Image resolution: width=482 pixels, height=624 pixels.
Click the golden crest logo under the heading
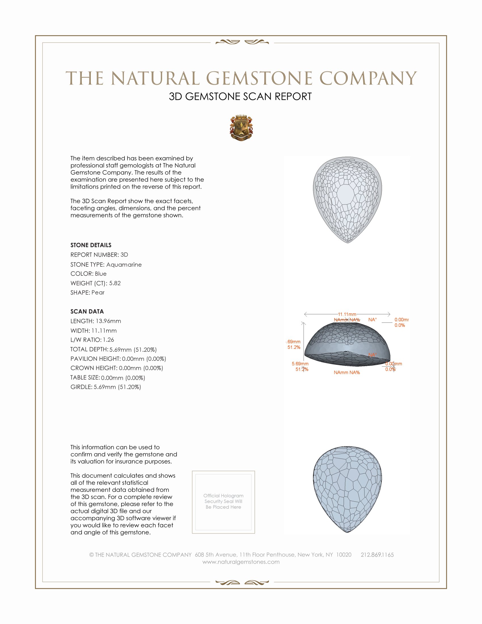tap(241, 128)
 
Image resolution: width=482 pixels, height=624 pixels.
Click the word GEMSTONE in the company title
tap(259, 78)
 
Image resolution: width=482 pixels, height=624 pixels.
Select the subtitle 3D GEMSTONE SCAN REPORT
tap(240, 96)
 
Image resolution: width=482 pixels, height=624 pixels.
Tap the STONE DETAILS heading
tap(91, 245)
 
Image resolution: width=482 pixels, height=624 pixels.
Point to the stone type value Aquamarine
tap(124, 265)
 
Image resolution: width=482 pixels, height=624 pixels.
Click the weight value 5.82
tap(115, 283)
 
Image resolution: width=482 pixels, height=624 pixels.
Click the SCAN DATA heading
tap(87, 311)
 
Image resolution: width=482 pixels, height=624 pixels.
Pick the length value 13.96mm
tap(108, 321)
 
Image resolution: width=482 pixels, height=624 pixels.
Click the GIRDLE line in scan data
tap(106, 387)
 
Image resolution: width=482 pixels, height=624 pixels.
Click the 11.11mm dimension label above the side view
tap(347, 314)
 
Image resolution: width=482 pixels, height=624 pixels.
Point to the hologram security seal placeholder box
tap(223, 502)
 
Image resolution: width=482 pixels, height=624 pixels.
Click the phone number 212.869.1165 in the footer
tap(377, 555)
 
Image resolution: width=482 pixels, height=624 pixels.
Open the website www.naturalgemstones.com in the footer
tap(241, 562)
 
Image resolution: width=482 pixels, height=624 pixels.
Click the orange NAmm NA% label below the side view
tap(347, 373)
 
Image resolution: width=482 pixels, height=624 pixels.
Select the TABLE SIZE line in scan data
tap(108, 378)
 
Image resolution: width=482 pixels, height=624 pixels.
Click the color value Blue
tap(101, 274)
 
